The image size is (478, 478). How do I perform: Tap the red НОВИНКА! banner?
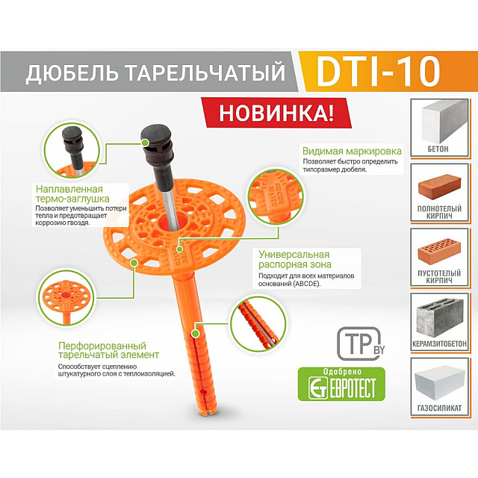pyautogui.click(x=276, y=111)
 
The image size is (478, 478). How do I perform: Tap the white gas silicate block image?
pyautogui.click(x=446, y=379)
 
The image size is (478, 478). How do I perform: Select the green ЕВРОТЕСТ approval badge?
pyautogui.click(x=341, y=384)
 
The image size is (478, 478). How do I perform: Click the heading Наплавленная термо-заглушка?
pyautogui.click(x=72, y=193)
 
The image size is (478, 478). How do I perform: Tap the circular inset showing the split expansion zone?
pyautogui.click(x=257, y=322)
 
